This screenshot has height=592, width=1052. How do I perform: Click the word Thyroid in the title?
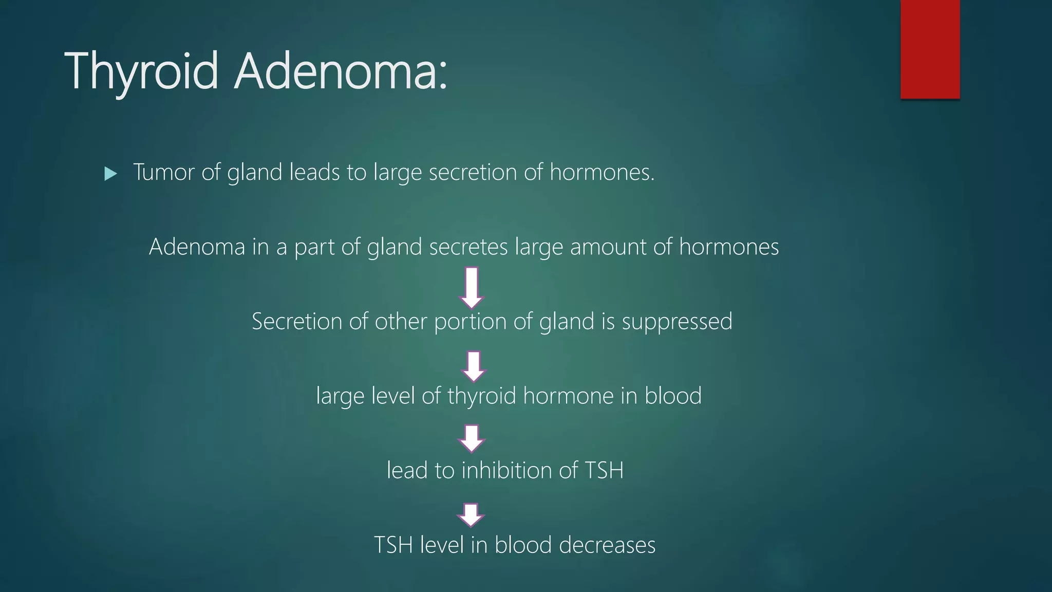tap(141, 71)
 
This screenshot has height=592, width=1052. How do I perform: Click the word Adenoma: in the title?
tap(341, 71)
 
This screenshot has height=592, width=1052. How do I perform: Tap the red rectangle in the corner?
tap(930, 49)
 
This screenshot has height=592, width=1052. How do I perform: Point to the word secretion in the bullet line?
tap(473, 172)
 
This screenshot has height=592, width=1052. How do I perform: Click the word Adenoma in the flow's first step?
tap(197, 247)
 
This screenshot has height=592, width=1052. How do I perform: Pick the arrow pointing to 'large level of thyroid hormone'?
tap(474, 366)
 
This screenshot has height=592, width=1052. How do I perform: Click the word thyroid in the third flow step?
tap(481, 396)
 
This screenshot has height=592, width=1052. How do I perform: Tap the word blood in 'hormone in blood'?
tap(673, 396)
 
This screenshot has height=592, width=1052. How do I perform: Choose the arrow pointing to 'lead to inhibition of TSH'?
tap(472, 438)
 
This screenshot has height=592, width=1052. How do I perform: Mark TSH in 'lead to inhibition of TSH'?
tap(604, 470)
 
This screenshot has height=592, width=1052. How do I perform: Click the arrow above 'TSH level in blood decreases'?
tap(471, 514)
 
